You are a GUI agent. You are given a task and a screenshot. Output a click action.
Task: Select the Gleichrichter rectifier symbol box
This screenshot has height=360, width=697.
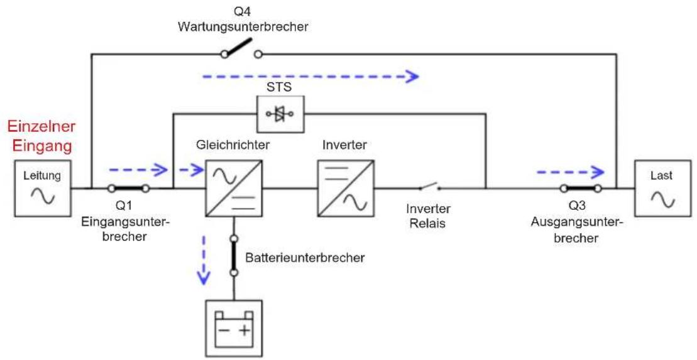(234, 188)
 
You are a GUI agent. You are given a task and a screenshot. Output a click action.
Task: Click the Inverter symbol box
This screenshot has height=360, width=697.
(346, 188)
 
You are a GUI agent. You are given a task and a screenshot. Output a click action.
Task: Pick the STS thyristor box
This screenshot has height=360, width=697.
(280, 114)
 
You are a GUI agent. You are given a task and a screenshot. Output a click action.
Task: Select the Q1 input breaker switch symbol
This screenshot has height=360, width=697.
(127, 188)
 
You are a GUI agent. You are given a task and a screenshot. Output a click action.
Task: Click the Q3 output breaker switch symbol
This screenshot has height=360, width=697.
(581, 188)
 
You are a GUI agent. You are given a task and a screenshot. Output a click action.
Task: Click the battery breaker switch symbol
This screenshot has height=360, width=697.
(233, 256)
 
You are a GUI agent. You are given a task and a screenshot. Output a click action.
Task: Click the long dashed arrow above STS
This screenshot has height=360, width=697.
(310, 77)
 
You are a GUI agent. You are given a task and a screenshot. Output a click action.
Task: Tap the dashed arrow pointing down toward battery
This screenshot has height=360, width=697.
(204, 259)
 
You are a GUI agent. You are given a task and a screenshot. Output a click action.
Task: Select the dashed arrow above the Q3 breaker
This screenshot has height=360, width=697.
(571, 171)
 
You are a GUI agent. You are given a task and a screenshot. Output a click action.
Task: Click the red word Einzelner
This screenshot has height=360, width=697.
(41, 126)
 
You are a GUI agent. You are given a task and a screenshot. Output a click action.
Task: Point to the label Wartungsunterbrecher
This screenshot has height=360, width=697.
(243, 26)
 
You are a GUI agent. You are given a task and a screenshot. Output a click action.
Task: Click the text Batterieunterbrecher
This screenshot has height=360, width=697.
(304, 258)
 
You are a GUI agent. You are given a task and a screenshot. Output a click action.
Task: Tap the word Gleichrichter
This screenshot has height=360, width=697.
(233, 145)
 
